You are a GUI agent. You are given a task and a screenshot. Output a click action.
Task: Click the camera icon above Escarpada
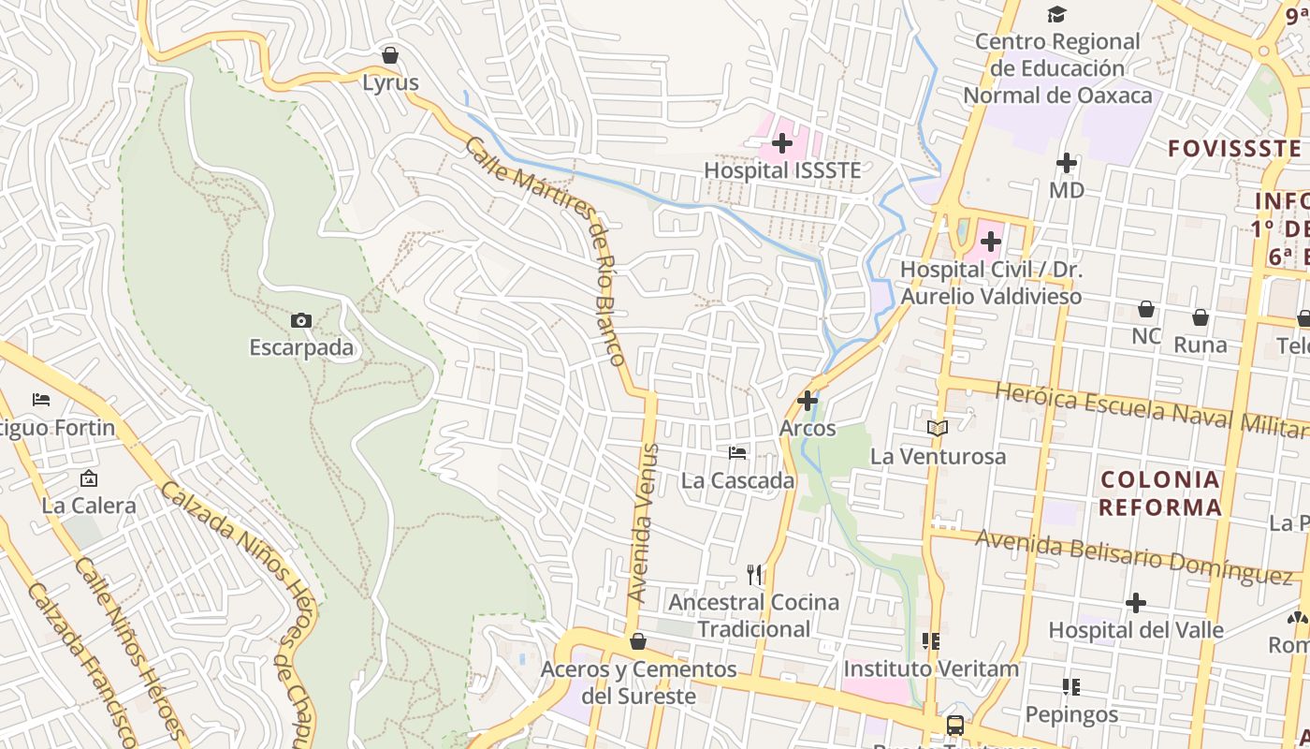click(300, 321)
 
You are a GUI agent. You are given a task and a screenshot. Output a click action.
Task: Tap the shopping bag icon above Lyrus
click(390, 55)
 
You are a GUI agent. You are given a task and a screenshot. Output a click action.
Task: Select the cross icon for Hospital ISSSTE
click(782, 143)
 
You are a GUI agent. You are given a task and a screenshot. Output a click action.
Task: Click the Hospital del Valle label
click(1135, 630)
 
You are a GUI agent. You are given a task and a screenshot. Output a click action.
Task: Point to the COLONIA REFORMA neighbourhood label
click(1160, 493)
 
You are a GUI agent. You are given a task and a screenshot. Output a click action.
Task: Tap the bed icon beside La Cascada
click(737, 453)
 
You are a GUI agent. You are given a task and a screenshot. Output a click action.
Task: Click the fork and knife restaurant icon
click(754, 573)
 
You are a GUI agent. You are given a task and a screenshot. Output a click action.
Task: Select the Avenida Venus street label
click(644, 523)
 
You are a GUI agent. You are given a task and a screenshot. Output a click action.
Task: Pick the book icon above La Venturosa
click(938, 428)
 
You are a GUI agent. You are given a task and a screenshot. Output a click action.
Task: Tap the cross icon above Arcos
click(808, 401)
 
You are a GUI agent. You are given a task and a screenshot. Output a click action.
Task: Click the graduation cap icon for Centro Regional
click(1056, 14)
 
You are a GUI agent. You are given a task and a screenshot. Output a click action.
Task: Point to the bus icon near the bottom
click(955, 725)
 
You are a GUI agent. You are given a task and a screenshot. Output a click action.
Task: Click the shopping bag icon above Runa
click(1201, 317)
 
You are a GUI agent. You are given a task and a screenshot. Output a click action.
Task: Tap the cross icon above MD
click(1067, 163)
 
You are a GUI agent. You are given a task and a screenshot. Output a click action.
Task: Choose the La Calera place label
click(89, 506)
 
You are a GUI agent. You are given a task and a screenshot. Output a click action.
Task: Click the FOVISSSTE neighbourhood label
click(1234, 148)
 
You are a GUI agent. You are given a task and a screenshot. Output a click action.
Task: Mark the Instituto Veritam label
click(931, 668)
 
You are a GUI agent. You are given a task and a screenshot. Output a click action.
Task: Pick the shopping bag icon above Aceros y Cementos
click(638, 641)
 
